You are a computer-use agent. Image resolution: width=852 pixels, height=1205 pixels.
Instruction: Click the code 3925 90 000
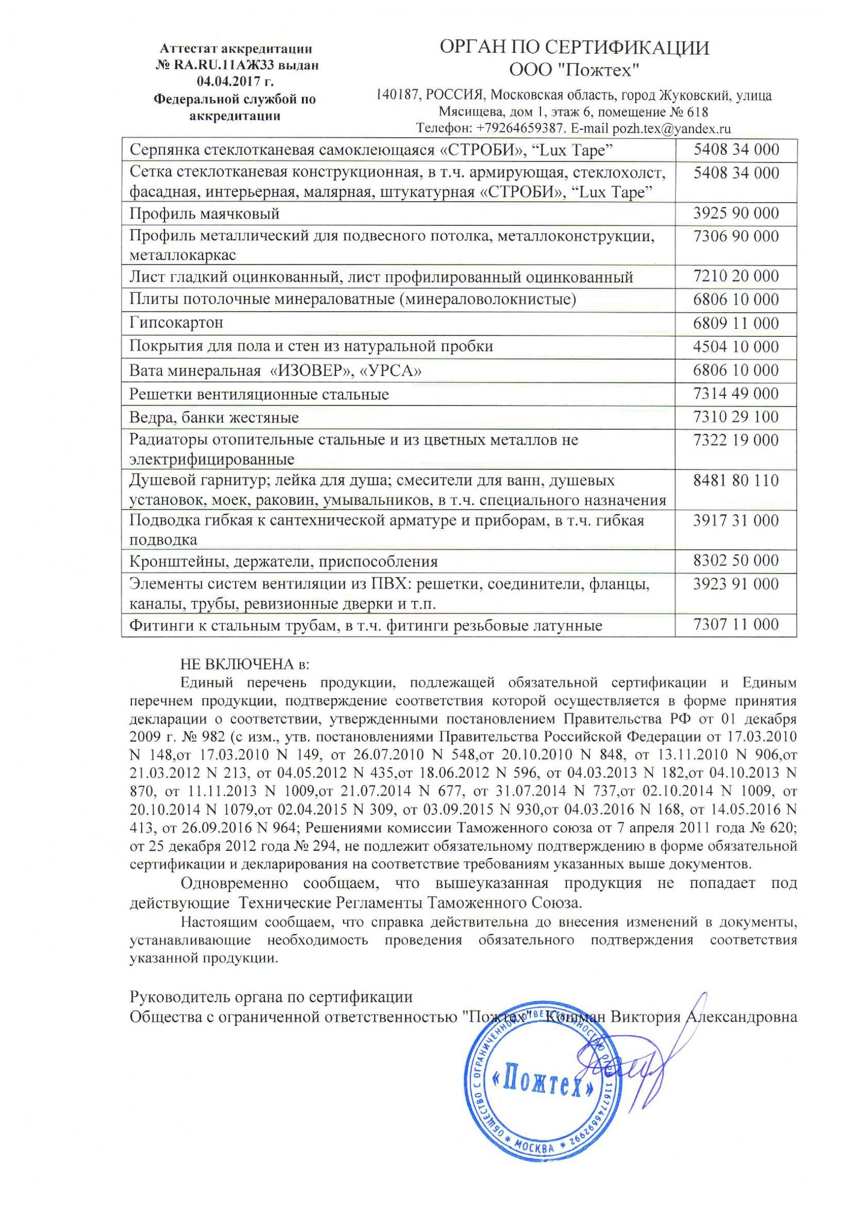(x=736, y=213)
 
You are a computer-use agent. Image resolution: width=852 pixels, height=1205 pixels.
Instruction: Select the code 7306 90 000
(x=736, y=236)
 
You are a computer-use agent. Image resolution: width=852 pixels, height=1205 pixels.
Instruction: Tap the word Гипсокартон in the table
(x=176, y=323)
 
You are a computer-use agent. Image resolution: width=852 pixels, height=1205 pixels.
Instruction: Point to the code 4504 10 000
(x=736, y=346)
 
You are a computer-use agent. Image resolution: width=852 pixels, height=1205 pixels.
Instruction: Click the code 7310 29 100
(x=736, y=417)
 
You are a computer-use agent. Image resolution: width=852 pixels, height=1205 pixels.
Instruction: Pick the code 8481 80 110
(x=736, y=481)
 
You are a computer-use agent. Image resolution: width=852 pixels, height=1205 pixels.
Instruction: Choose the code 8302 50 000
(x=736, y=561)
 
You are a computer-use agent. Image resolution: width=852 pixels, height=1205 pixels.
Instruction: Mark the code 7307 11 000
(x=736, y=625)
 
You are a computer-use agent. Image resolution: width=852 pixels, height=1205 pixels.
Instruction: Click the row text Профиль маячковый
(x=204, y=214)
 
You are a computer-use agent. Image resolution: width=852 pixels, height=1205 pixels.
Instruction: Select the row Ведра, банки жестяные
(x=214, y=418)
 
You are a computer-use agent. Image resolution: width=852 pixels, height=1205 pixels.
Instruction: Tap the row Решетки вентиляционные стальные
(x=259, y=395)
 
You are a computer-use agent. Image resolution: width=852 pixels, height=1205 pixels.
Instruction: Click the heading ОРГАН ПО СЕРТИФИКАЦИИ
(x=574, y=48)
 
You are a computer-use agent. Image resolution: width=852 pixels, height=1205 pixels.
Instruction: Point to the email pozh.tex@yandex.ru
(x=671, y=128)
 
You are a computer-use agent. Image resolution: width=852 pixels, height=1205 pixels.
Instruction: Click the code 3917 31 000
(x=736, y=521)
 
